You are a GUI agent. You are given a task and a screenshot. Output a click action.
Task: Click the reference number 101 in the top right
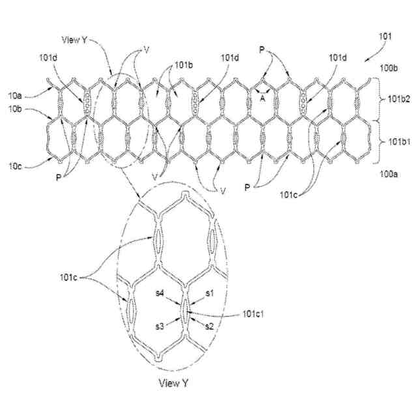[x=386, y=37]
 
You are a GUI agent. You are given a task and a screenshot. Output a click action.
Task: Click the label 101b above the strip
[x=182, y=65]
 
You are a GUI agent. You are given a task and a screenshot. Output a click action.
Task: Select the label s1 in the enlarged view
[x=210, y=294]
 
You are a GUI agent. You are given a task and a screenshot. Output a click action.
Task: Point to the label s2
[x=210, y=325]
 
